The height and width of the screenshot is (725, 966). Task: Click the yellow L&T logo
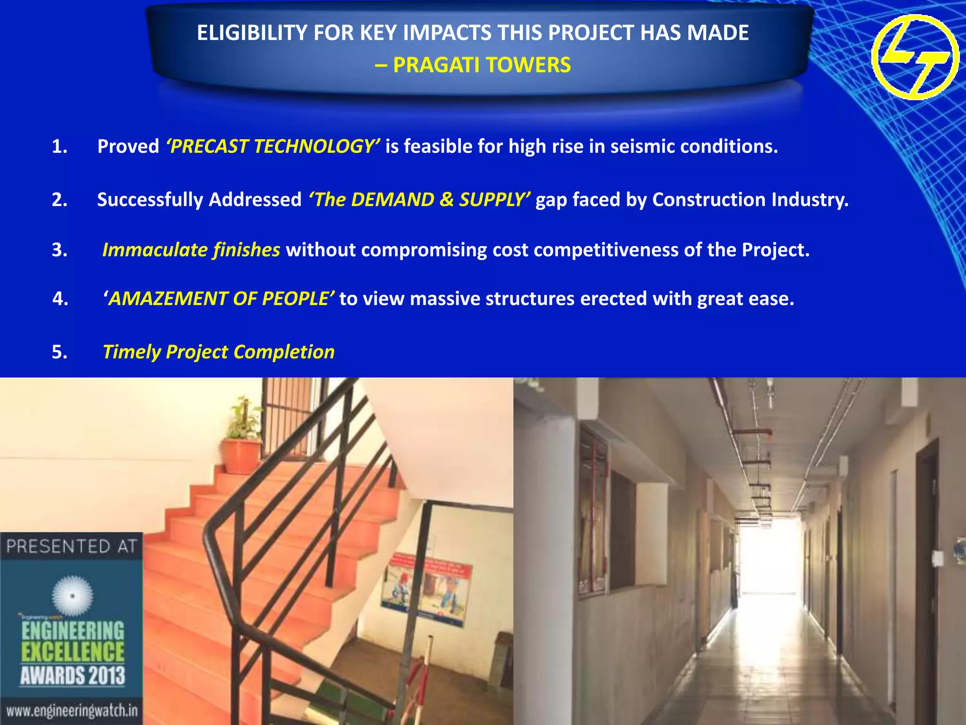click(915, 57)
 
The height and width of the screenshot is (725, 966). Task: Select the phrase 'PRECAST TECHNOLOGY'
click(273, 146)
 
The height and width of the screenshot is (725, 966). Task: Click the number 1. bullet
click(59, 146)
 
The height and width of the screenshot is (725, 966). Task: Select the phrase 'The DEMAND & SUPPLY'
click(419, 200)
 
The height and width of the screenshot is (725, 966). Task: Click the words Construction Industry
click(750, 200)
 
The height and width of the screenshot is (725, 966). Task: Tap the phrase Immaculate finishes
click(191, 250)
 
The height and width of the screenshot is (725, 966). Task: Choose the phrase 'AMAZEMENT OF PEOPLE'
click(219, 299)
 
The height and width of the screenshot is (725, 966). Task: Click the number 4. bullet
click(60, 299)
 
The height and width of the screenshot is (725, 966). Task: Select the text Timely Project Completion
click(218, 352)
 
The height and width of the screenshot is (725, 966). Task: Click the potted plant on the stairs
click(243, 439)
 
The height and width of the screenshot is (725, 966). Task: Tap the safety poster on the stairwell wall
click(427, 588)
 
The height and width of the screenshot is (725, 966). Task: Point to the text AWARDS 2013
click(73, 675)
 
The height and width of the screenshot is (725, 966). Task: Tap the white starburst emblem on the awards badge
click(72, 596)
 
